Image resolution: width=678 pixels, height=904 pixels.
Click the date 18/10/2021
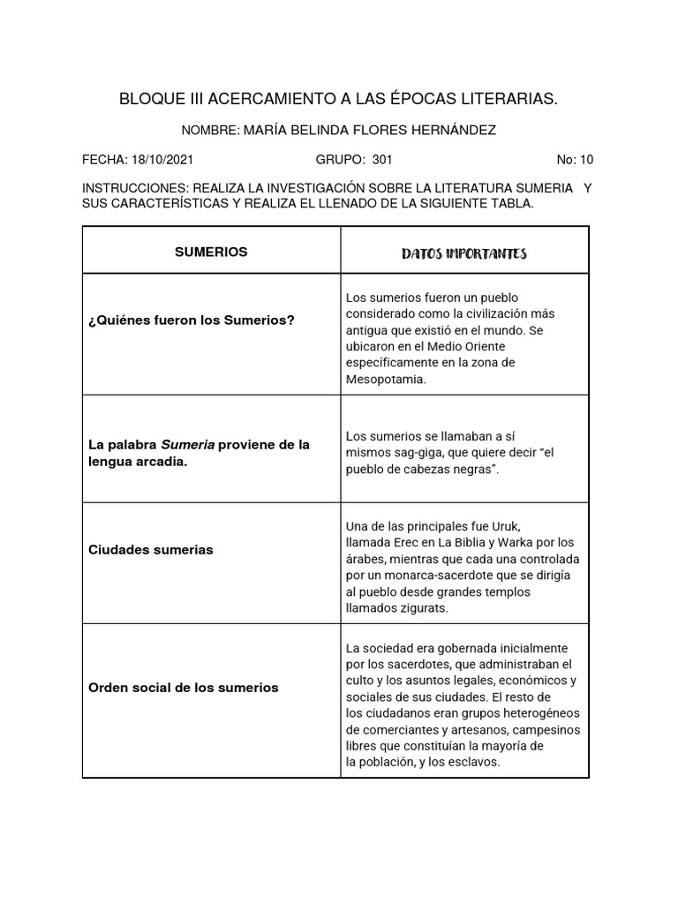pos(162,160)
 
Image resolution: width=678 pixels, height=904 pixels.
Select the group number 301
pos(382,160)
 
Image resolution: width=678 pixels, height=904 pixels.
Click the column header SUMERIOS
pos(211,252)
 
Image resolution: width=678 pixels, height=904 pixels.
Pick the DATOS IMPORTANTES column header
pos(463,254)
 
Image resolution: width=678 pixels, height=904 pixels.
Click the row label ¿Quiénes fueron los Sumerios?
pos(192,320)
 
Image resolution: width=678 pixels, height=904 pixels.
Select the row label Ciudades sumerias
pos(151,549)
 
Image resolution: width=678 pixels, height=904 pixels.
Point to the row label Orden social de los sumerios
pos(184,687)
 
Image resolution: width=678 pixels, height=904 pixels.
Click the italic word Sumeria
pos(188,445)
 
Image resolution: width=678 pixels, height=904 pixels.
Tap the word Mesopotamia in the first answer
pos(386,379)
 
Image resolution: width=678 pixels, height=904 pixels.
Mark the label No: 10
pos(575,160)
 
